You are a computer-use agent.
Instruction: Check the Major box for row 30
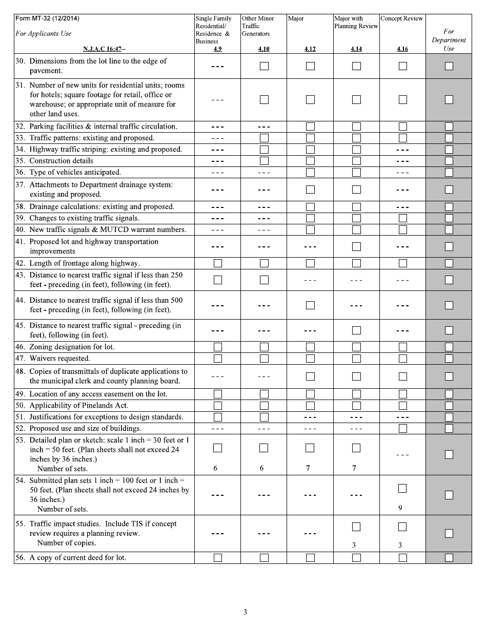point(310,66)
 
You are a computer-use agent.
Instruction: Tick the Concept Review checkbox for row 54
point(402,489)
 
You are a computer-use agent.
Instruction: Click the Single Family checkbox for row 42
point(218,263)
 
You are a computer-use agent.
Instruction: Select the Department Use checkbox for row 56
point(449,558)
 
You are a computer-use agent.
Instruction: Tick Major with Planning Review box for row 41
point(356,246)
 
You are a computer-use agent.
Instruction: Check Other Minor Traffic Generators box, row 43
point(264,280)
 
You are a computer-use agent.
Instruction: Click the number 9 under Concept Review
point(400,508)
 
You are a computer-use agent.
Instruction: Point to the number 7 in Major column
point(308,468)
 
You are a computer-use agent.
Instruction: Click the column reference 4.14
point(356,49)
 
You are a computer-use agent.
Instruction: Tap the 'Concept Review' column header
point(402,18)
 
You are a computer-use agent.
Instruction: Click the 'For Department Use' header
point(449,40)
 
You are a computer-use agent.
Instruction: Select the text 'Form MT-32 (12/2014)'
point(47,18)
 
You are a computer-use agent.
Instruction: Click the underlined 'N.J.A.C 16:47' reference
point(104,49)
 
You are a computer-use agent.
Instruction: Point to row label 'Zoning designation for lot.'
point(72,347)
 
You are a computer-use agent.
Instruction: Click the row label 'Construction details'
point(61,161)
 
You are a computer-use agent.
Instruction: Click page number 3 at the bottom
point(245,612)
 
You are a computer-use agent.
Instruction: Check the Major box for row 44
point(310,305)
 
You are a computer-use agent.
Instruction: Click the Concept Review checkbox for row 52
point(402,428)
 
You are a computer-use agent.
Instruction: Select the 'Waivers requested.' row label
point(59,359)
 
